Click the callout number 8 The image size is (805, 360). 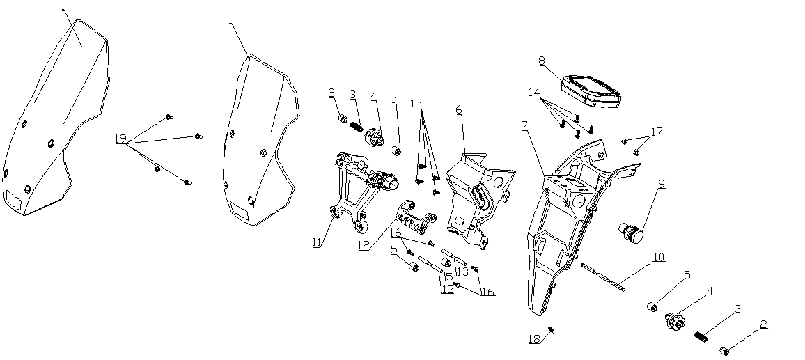click(541, 61)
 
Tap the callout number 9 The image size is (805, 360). click(661, 185)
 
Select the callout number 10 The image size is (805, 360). click(658, 258)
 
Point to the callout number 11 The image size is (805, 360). click(317, 243)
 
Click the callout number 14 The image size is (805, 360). click(533, 92)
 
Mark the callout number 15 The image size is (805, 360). click(416, 103)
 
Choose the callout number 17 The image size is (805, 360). click(657, 131)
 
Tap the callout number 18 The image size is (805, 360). click(533, 339)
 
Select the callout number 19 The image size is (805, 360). click(120, 140)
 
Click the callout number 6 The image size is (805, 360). click(459, 110)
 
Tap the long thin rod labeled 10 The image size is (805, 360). click(602, 274)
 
